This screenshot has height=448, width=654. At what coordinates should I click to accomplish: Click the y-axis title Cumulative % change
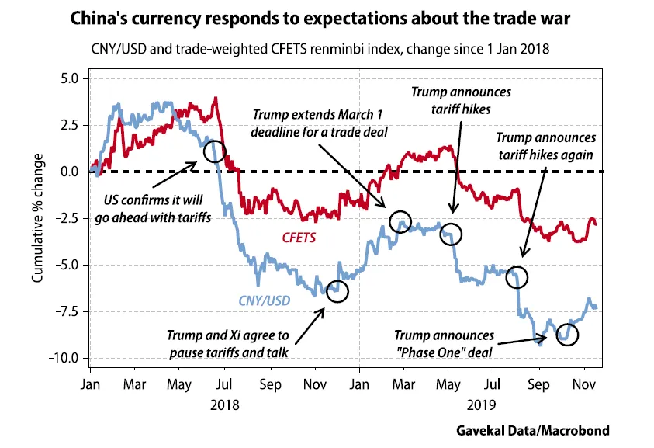point(38,218)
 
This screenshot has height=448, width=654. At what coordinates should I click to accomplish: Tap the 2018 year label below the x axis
point(226,405)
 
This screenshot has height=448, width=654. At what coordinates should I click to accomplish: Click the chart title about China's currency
point(327,17)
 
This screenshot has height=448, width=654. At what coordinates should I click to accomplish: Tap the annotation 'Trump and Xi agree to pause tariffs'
point(227,343)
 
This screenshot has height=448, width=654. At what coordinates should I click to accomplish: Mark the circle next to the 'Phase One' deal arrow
point(568,335)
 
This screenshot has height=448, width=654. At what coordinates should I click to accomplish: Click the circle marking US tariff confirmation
point(215,151)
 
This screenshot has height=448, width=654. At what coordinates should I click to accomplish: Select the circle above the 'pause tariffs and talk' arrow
point(337,291)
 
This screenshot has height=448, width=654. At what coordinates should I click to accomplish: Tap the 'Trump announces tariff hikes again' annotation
point(545,146)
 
